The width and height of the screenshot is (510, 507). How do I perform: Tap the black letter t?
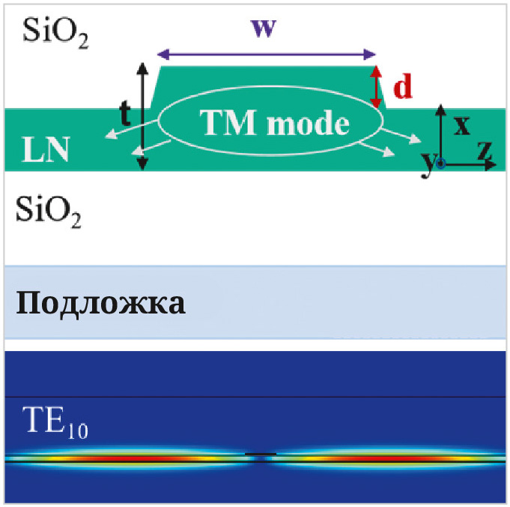click(126, 112)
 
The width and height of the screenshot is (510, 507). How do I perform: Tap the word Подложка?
click(101, 304)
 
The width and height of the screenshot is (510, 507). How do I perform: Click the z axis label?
click(485, 151)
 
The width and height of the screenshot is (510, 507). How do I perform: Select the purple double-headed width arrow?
click(266, 54)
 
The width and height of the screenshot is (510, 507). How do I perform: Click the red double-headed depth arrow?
click(377, 86)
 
